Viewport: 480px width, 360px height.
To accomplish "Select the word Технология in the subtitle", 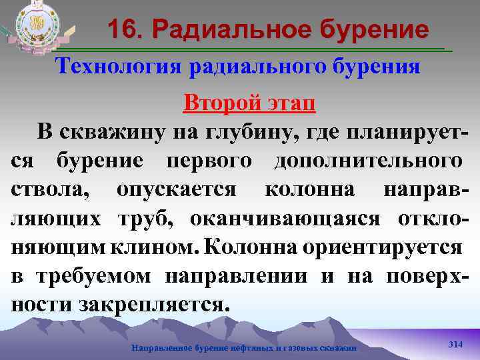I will pyautogui.click(x=119, y=67).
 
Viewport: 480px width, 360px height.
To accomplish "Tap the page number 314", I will pyautogui.click(x=455, y=344).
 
